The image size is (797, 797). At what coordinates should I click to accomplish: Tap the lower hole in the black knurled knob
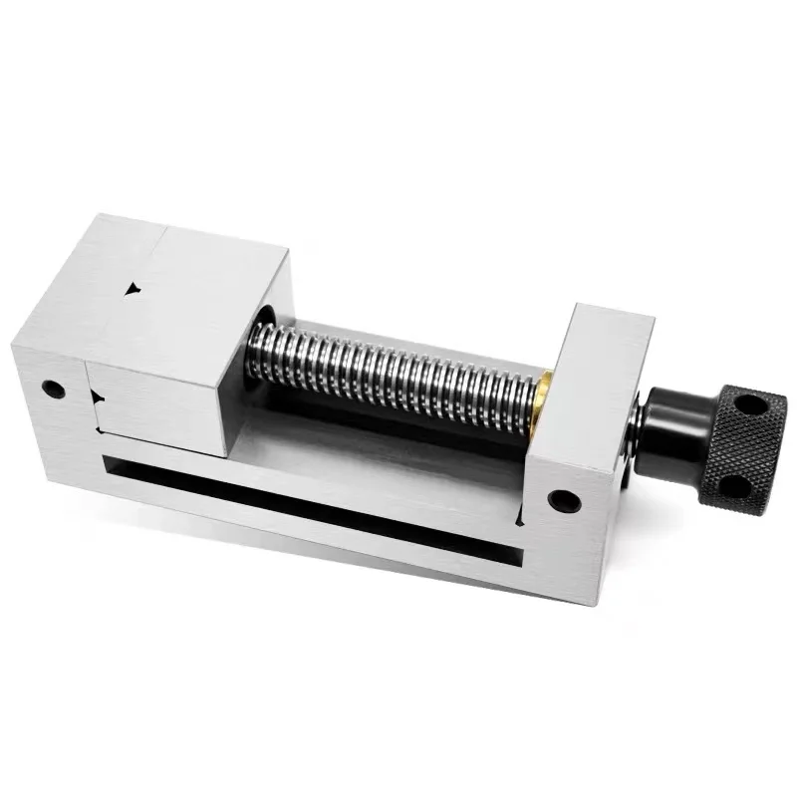(730, 485)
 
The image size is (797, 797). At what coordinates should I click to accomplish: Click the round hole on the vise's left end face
(54, 388)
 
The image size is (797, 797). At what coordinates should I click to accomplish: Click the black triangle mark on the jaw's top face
(133, 290)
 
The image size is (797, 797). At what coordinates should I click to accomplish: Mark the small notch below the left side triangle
(100, 431)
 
